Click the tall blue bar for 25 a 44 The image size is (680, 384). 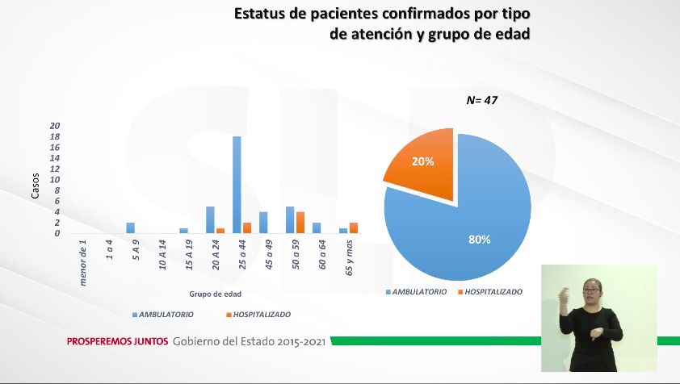pyautogui.click(x=237, y=185)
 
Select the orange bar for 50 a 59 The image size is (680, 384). pyautogui.click(x=300, y=223)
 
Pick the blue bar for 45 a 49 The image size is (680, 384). pyautogui.click(x=263, y=223)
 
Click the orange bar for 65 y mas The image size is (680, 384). pyautogui.click(x=354, y=227)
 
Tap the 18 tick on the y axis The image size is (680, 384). pyautogui.click(x=55, y=137)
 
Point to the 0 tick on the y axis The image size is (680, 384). pyautogui.click(x=57, y=234)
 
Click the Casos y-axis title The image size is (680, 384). pyautogui.click(x=35, y=187)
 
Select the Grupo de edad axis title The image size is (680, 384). pyautogui.click(x=215, y=294)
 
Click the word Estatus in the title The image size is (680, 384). pyautogui.click(x=263, y=14)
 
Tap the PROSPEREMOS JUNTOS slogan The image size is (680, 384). pyautogui.click(x=117, y=341)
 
